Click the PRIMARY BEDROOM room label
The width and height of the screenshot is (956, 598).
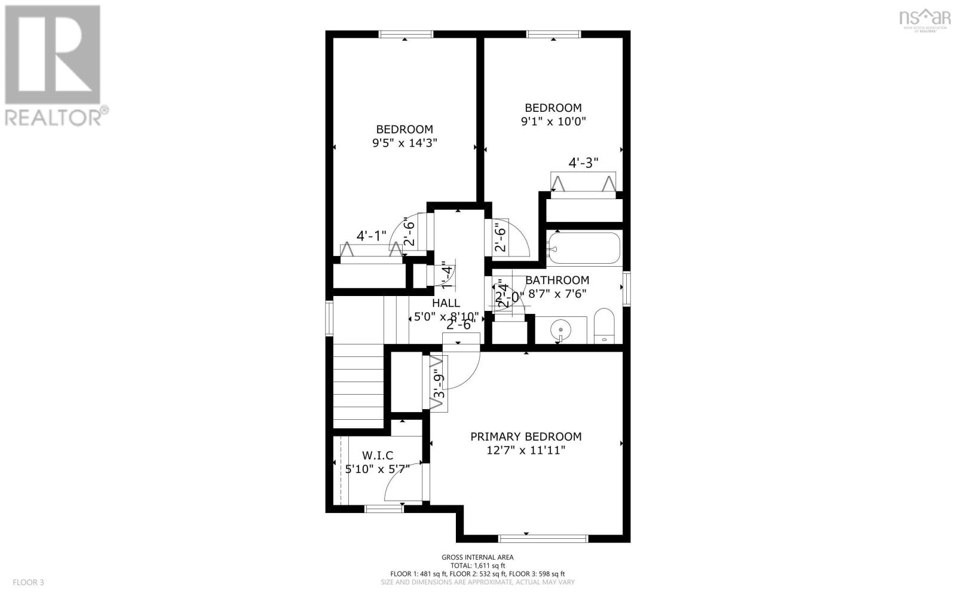click(x=525, y=437)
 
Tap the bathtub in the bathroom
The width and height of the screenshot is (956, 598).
click(x=584, y=248)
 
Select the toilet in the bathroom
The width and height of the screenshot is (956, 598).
click(x=605, y=327)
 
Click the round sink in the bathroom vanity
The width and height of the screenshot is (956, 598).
click(x=560, y=329)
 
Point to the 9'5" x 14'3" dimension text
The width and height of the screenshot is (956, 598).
click(x=405, y=143)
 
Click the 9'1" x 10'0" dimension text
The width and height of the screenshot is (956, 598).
click(x=553, y=121)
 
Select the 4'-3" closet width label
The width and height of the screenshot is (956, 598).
click(x=583, y=163)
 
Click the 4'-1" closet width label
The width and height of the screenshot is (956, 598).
click(x=371, y=236)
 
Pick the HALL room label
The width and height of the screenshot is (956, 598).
click(x=446, y=303)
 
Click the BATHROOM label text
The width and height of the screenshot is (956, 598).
click(x=557, y=280)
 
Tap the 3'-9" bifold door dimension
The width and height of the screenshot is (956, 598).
click(x=440, y=386)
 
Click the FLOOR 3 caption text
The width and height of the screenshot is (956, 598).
click(x=28, y=582)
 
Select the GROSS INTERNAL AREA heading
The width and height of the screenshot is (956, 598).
click(x=477, y=557)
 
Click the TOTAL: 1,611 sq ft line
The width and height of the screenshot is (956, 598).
click(x=477, y=566)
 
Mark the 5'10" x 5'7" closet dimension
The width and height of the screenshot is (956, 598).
click(x=377, y=469)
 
